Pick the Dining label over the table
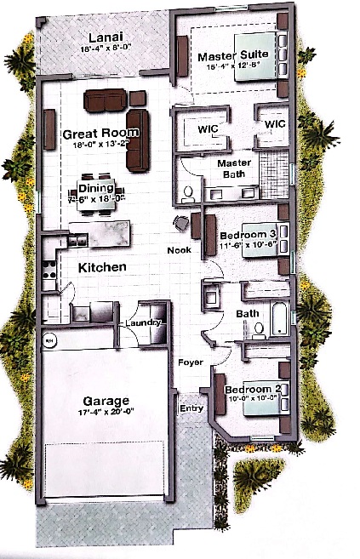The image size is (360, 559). pyautogui.click(x=95, y=188)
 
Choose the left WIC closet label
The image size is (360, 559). pyautogui.click(x=209, y=129)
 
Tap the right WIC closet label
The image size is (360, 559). pyautogui.click(x=273, y=124)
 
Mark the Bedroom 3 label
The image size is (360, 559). pyautogui.click(x=248, y=235)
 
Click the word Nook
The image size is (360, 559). pyautogui.click(x=178, y=251)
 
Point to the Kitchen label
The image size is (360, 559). pyautogui.click(x=103, y=268)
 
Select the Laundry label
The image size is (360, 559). pyautogui.click(x=140, y=323)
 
